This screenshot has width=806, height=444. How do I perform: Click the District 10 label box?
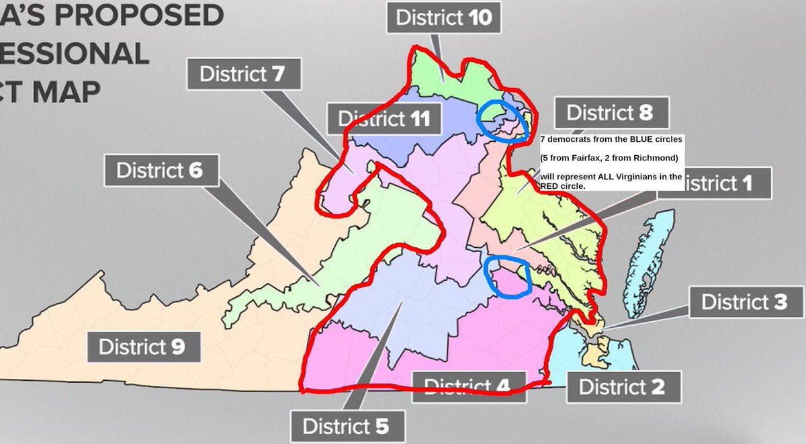443,17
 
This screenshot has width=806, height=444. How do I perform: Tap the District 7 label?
243,73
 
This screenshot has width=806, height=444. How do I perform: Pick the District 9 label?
140,347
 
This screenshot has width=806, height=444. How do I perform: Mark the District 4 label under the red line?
467,386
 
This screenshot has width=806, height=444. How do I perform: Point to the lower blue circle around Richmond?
508,275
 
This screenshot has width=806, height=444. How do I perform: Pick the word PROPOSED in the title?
111,15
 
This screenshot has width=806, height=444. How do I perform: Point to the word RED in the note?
551,186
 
